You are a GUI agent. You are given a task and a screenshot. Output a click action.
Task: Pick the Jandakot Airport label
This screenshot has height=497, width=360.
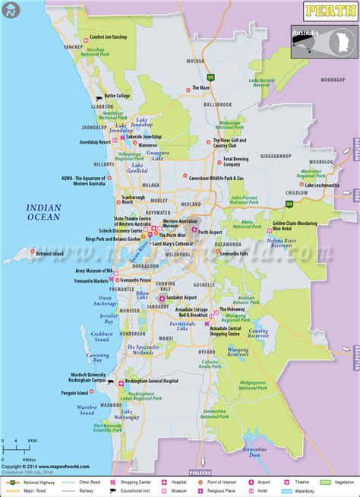pyautogui.click(x=178, y=297)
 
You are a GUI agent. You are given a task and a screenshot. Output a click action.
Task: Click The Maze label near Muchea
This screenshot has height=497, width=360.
pyautogui.click(x=201, y=87)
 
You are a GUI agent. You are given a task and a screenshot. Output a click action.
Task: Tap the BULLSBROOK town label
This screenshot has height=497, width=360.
pyautogui.click(x=217, y=103)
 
